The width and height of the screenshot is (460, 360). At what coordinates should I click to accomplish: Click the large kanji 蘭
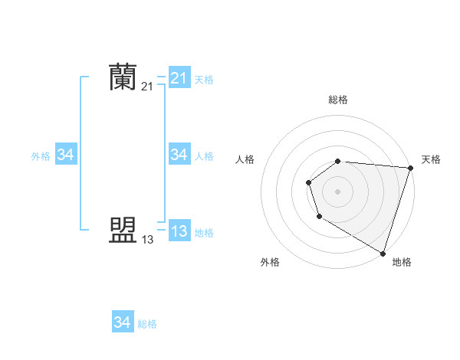(x=123, y=77)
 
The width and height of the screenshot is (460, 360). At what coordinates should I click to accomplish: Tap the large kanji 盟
(x=123, y=230)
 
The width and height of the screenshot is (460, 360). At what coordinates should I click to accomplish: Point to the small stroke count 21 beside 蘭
(x=147, y=87)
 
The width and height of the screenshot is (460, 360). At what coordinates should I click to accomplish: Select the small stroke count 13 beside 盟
(x=147, y=240)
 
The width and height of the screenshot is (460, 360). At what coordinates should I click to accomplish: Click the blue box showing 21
(x=179, y=78)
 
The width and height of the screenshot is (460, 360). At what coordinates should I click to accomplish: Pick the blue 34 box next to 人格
(x=179, y=155)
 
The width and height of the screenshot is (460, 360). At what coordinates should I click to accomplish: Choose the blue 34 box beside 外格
(x=65, y=155)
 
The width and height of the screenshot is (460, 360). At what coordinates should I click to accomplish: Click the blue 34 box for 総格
(x=122, y=322)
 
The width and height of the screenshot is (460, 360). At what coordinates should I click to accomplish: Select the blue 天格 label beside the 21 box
(x=204, y=79)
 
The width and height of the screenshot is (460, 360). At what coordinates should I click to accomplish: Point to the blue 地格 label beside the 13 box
(x=204, y=233)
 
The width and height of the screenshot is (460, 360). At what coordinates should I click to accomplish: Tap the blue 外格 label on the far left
(x=41, y=156)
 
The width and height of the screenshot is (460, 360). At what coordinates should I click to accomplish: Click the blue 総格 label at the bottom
(x=147, y=324)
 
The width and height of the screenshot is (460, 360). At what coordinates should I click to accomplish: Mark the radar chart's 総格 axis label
(x=338, y=100)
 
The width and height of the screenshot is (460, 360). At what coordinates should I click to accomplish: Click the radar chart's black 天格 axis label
(x=431, y=159)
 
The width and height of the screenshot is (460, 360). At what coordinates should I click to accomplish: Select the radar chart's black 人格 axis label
(x=245, y=159)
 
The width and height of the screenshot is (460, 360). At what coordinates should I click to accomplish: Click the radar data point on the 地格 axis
(x=383, y=253)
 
